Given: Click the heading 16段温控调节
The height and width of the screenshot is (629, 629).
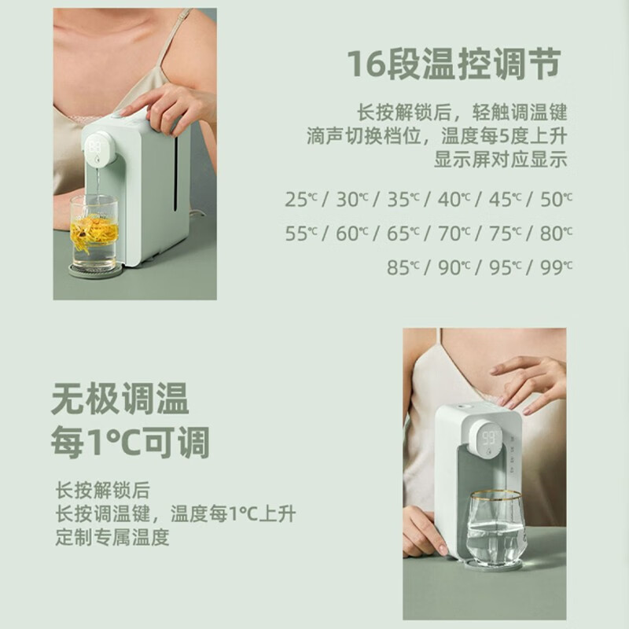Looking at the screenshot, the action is point(454,64).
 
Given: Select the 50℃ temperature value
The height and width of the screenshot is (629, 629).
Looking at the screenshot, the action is point(556,200).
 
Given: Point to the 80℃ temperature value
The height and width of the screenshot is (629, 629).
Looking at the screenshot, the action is point(556,234).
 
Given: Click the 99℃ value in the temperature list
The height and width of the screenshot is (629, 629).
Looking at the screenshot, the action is point(556,267).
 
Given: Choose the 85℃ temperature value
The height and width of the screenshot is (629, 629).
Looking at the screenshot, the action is point(403,267).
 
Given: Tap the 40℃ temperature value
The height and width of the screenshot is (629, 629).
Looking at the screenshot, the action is point(454,200).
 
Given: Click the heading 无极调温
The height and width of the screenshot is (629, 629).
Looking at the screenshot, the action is point(120,399).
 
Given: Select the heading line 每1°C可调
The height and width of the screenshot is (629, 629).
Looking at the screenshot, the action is point(131,442).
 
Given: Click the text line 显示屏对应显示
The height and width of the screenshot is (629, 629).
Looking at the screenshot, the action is point(501,160).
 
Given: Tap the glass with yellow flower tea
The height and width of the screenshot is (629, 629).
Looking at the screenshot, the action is point(94,231).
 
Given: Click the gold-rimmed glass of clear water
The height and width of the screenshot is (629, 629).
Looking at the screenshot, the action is point(496,528).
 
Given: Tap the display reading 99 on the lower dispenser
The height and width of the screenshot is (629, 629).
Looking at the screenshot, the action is point(490,438).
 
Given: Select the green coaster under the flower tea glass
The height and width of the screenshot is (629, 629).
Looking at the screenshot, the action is point(95,270).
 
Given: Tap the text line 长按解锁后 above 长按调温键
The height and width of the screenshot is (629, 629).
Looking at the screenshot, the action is point(103,490).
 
